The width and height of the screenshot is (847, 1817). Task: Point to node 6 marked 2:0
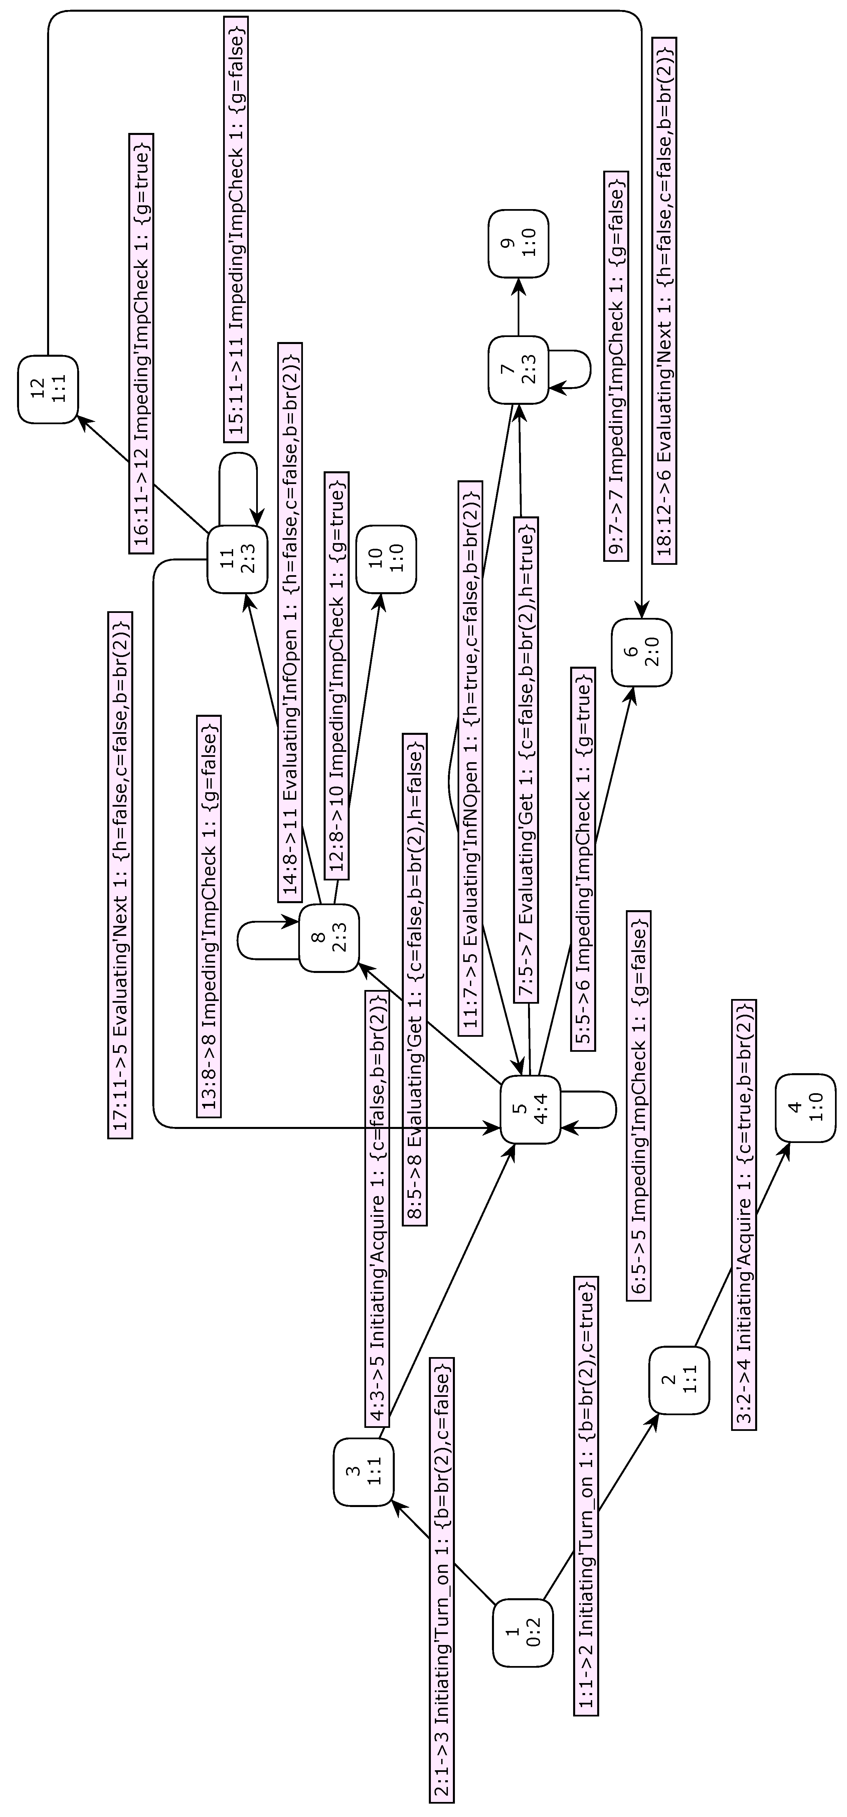click(641, 652)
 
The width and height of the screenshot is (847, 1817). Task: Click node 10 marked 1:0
click(386, 559)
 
